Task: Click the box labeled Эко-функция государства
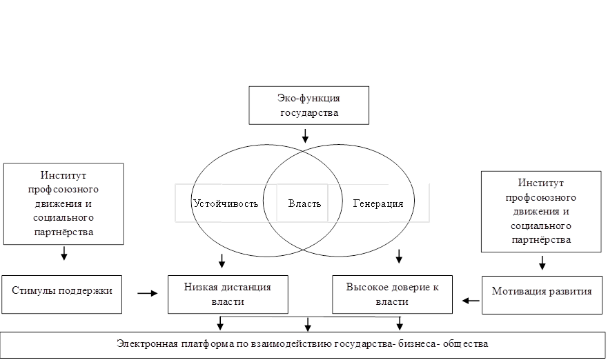[310, 105]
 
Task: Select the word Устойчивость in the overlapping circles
[226, 203]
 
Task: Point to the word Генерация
[378, 203]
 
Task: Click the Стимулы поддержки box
[62, 290]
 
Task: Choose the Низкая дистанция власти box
[228, 294]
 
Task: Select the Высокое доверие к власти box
[392, 294]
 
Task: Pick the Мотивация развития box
[542, 291]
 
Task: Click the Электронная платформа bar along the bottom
[304, 343]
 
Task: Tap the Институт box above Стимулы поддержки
[63, 203]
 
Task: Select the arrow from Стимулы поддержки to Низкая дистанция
[147, 293]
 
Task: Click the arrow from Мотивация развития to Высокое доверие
[471, 300]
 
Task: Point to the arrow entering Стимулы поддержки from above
[64, 255]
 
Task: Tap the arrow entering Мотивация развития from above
[542, 263]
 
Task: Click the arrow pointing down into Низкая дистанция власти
[222, 261]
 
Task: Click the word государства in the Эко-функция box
[310, 112]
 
